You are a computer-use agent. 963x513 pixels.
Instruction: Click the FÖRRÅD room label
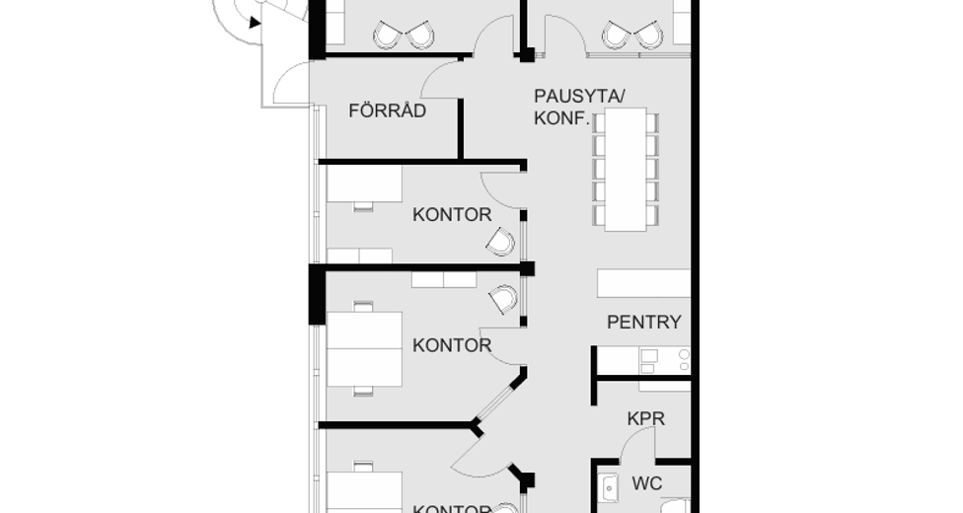coord(388,110)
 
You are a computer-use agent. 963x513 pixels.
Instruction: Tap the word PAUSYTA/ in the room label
coord(580,96)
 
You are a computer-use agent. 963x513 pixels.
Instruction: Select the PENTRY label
coord(643,322)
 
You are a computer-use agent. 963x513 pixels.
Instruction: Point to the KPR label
coord(645,418)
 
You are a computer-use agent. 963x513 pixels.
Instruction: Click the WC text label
coord(646,483)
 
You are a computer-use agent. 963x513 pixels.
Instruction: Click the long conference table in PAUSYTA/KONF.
coord(626,170)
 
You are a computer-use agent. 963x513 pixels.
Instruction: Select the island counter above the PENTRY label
coord(643,283)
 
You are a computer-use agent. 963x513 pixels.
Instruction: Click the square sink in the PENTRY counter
coord(648,355)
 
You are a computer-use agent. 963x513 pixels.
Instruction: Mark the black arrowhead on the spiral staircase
coord(255,22)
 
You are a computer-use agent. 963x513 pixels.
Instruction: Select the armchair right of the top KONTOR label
coord(501,241)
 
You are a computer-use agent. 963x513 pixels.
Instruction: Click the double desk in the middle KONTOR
coord(364,349)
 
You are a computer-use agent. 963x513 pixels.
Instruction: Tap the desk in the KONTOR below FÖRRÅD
coord(364,183)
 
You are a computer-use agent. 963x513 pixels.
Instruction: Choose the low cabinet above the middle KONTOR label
coord(443,279)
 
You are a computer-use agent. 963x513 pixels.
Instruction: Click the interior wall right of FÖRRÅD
coord(460,127)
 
